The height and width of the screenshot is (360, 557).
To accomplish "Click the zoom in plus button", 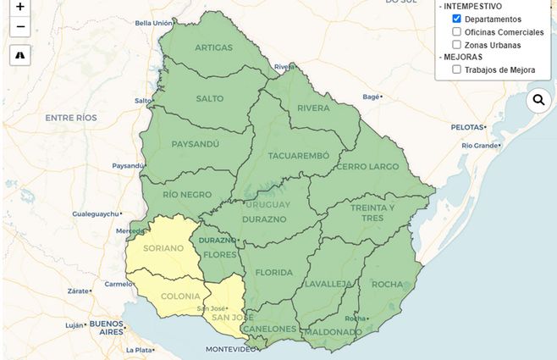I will point(20,6).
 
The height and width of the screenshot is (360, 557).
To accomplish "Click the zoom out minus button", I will point(20,27).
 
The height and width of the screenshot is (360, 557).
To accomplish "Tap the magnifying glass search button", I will point(538,101).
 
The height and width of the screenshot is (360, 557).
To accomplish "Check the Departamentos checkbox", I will point(457,19).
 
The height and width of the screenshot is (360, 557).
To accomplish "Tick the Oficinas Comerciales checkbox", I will point(457,31).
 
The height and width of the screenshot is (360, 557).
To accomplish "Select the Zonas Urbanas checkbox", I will point(457,44).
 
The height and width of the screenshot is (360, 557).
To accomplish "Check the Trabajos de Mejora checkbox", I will point(457,69).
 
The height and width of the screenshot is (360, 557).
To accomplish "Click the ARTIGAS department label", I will point(213,47).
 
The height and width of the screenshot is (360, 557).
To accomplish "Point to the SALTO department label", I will point(210,98).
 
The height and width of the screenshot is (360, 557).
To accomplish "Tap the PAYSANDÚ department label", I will point(195,144).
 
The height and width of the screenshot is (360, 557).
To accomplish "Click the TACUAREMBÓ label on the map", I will point(298,156).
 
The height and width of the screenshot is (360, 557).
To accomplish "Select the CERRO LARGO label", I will point(367,167).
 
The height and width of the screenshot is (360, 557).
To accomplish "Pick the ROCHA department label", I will point(388,284).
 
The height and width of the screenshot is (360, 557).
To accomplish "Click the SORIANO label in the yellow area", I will point(164,248).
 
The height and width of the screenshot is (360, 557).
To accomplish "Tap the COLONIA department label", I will point(180,296).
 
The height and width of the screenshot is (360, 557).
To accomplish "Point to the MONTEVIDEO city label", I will point(231,349).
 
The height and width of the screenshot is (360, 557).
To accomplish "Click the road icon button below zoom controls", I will point(20,55).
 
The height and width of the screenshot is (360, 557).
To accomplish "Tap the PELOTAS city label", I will point(466,126).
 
